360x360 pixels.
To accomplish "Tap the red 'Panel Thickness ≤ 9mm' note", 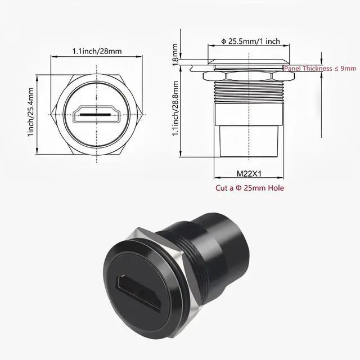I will [320, 68].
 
